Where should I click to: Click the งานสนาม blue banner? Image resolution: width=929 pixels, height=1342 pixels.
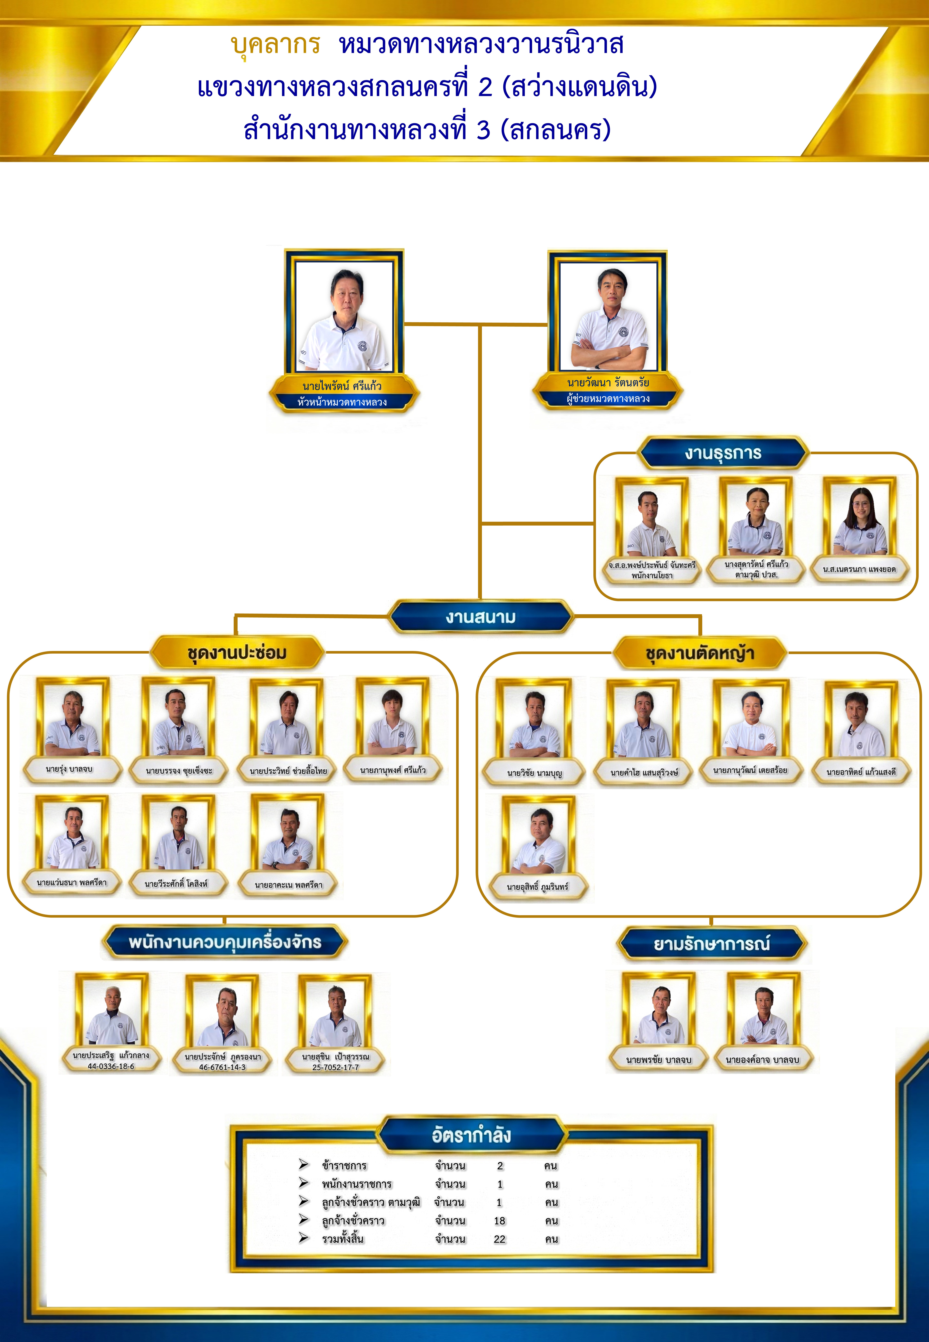[481, 617]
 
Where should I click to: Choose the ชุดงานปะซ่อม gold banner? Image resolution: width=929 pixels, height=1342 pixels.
[237, 652]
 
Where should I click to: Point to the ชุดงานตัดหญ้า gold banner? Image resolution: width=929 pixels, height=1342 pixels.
[700, 653]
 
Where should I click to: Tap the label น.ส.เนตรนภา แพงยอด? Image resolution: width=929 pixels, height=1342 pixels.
[859, 569]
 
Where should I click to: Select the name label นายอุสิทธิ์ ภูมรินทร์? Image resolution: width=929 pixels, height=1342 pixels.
[537, 887]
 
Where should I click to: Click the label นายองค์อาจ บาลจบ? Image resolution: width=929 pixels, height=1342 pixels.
[763, 1060]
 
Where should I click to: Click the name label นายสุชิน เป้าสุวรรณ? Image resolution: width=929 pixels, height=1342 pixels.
[335, 1056]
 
